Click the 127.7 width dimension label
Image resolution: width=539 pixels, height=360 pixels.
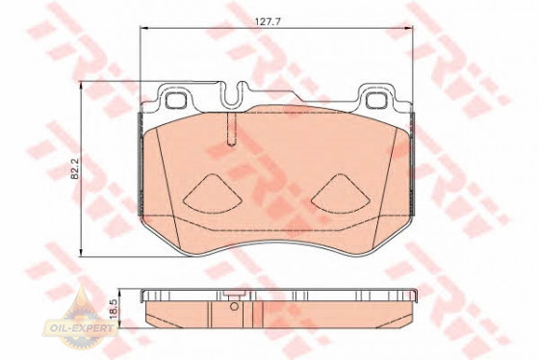268,21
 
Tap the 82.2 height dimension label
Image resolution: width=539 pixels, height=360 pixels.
75,168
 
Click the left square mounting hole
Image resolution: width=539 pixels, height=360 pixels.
175,100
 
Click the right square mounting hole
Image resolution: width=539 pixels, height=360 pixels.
376,100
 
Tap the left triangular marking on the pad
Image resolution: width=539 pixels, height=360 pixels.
212,193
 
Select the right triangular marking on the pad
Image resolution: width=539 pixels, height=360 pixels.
341,193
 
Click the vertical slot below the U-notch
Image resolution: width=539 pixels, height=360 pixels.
232,130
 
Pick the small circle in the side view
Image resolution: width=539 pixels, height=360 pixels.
234,306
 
